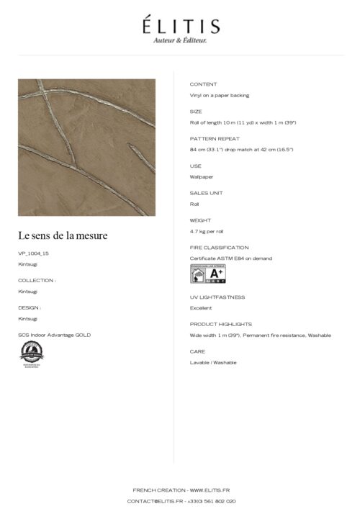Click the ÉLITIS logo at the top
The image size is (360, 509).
pyautogui.click(x=180, y=26)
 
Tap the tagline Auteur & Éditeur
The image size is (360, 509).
pyautogui.click(x=180, y=41)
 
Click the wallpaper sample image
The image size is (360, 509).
pyautogui.click(x=86, y=147)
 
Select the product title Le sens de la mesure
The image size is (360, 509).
pyautogui.click(x=63, y=235)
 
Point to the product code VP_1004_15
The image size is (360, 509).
pyautogui.click(x=34, y=253)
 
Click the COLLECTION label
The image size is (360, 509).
pyautogui.click(x=37, y=280)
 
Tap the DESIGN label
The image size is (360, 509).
pyautogui.click(x=30, y=307)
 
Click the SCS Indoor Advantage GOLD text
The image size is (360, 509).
pyautogui.click(x=55, y=335)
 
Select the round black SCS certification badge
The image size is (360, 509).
pyautogui.click(x=31, y=353)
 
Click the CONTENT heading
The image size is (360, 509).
pyautogui.click(x=203, y=84)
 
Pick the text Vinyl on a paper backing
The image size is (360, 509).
pyautogui.click(x=220, y=95)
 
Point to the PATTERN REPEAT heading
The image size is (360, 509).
pyautogui.click(x=215, y=138)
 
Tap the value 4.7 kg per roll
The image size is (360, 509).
pyautogui.click(x=207, y=231)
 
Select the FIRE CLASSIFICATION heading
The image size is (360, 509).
pyautogui.click(x=219, y=248)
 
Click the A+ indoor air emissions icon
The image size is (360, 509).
pyautogui.click(x=207, y=274)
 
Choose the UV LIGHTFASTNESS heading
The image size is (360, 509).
pyautogui.click(x=217, y=297)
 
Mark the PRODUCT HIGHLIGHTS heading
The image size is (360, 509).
pyautogui.click(x=221, y=324)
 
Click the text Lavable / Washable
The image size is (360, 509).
pyautogui.click(x=213, y=362)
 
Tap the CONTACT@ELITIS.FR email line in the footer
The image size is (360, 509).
pyautogui.click(x=181, y=500)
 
